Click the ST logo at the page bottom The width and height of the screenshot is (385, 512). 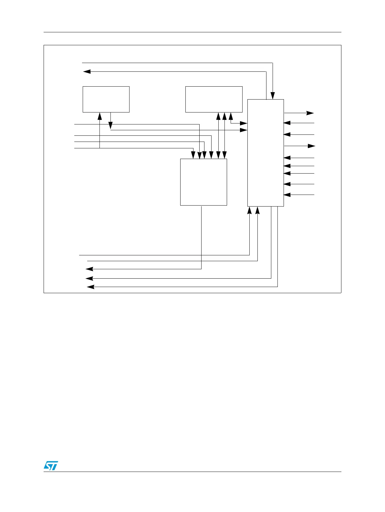[50, 465]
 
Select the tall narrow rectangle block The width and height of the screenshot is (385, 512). [265, 153]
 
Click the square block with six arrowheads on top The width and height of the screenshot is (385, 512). [203, 182]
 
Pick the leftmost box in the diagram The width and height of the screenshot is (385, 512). [106, 99]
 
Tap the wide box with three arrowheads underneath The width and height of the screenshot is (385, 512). [214, 99]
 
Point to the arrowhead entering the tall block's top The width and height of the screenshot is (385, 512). [273, 96]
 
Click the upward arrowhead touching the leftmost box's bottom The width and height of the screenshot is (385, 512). [100, 116]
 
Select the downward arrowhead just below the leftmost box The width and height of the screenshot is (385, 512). [110, 125]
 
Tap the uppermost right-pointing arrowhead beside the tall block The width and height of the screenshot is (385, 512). [310, 113]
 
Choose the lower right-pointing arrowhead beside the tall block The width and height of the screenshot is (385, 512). [311, 146]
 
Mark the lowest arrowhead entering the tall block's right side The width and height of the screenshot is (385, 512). [287, 195]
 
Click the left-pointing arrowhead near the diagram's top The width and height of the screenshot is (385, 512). [87, 71]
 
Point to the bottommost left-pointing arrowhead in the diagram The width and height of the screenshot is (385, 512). [91, 287]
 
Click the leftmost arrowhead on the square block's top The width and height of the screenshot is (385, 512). [193, 155]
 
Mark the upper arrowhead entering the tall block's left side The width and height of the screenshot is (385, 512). [244, 123]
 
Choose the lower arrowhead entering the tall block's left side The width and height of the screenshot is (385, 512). [244, 130]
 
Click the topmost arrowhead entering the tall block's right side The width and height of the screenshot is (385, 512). [287, 123]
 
